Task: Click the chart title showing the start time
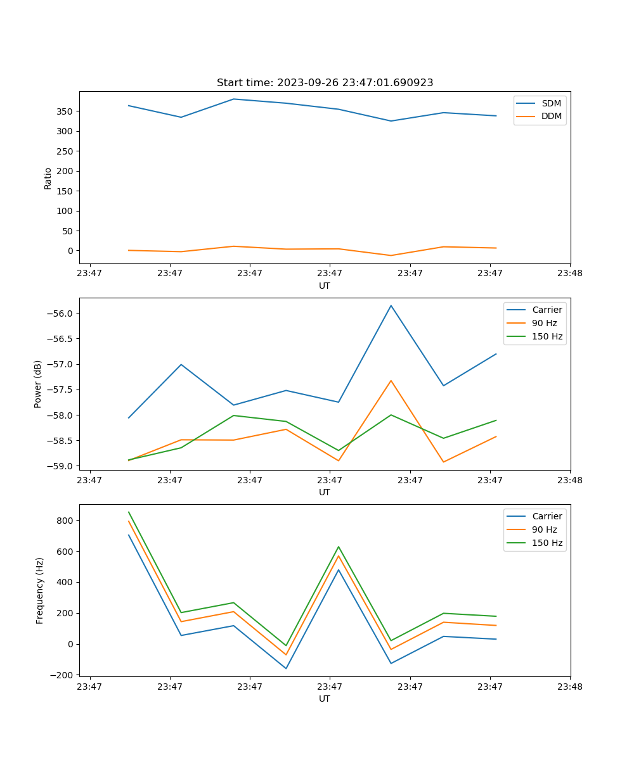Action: pyautogui.click(x=325, y=83)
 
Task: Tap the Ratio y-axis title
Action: pyautogui.click(x=48, y=178)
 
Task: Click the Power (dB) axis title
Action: pyautogui.click(x=38, y=384)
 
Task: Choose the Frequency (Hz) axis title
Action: pyautogui.click(x=39, y=590)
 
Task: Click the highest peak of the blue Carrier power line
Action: pyautogui.click(x=391, y=305)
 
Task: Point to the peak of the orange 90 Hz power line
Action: pyautogui.click(x=391, y=381)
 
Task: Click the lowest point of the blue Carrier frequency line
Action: pyautogui.click(x=286, y=668)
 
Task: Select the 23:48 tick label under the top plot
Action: pyautogui.click(x=570, y=274)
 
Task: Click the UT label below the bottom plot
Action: pyautogui.click(x=325, y=699)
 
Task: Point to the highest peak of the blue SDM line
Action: pyautogui.click(x=233, y=99)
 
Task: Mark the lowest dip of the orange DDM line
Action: pyautogui.click(x=391, y=255)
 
